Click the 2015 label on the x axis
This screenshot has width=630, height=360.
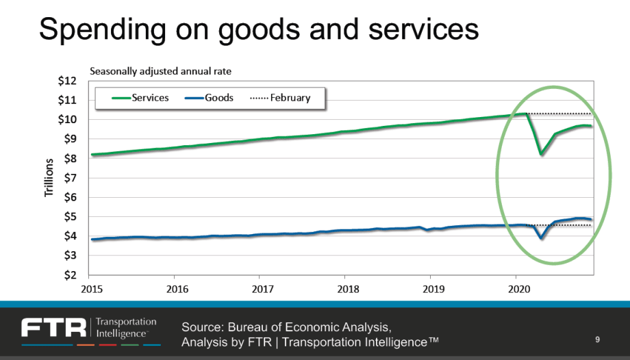pos(92,288)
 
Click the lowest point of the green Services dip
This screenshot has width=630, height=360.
pos(541,154)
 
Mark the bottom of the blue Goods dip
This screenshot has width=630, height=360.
pos(541,238)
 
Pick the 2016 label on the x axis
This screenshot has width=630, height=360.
pos(177,288)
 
